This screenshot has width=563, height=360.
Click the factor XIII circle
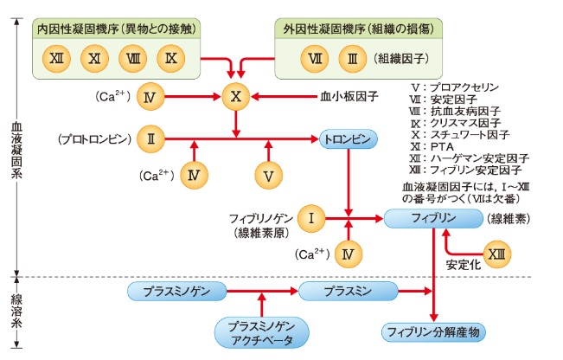(x=496, y=254)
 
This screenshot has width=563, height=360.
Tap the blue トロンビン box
(x=349, y=138)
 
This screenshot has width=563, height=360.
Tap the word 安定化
(x=462, y=266)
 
